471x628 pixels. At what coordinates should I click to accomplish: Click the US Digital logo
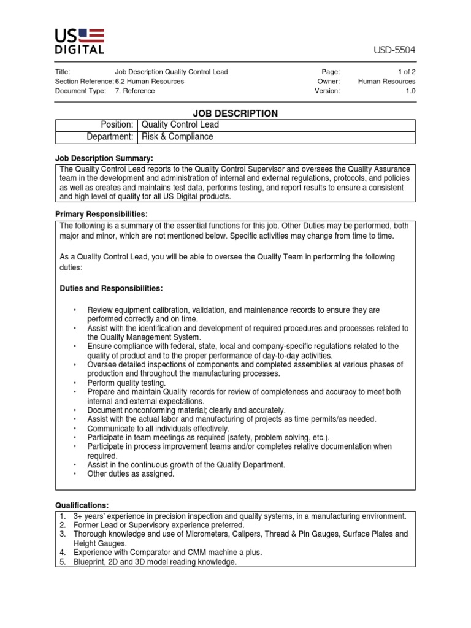(x=80, y=40)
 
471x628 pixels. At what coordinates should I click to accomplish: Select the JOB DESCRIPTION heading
(x=235, y=113)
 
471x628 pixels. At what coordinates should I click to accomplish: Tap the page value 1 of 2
(x=404, y=72)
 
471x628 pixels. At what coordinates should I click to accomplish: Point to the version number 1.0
(x=410, y=91)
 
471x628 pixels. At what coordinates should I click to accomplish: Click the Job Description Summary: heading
(x=104, y=158)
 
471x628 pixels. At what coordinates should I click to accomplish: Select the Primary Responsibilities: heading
(x=102, y=214)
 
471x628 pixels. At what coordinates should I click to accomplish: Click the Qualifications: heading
(x=82, y=505)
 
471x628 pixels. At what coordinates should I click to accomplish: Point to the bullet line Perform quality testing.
(x=127, y=383)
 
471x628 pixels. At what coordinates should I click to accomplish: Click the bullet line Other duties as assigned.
(x=131, y=474)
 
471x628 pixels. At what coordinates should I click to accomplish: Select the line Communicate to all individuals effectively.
(x=158, y=429)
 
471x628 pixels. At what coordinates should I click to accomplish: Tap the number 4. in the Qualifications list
(x=63, y=553)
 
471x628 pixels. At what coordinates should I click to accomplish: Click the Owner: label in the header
(x=329, y=81)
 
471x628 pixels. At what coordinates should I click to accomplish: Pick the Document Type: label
(x=80, y=91)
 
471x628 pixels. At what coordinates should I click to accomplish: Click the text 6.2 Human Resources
(x=149, y=81)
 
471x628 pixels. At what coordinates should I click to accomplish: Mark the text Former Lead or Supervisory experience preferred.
(x=159, y=525)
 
